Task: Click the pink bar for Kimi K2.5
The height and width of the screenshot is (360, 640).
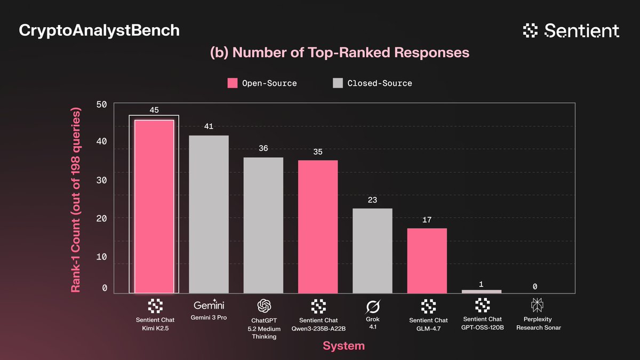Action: coord(154,206)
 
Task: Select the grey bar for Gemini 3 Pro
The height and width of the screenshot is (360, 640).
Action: coord(209,214)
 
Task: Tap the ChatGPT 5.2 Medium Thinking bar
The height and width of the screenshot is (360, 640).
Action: coord(263,225)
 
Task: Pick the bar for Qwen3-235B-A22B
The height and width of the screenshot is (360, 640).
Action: coord(318,227)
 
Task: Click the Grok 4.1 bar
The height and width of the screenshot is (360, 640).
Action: coord(373,251)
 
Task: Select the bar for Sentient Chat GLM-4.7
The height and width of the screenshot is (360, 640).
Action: coord(427,260)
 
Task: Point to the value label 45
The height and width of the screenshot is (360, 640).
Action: coord(154,110)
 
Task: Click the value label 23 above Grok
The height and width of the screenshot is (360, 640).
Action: coord(373,200)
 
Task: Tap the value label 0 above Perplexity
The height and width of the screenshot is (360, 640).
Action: coord(535,286)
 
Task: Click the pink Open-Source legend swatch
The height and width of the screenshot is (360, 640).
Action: coord(233,83)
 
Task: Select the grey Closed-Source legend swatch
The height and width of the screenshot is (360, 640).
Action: coord(338,83)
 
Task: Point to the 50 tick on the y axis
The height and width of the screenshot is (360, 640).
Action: coord(101,103)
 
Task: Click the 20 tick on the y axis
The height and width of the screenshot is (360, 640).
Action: coord(101,218)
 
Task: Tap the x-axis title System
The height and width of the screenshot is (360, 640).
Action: coord(343,346)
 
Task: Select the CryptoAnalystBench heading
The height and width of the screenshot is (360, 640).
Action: coord(99,30)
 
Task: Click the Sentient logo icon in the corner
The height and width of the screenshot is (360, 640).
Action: coord(531,31)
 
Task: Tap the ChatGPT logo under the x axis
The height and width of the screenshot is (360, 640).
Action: coord(264,306)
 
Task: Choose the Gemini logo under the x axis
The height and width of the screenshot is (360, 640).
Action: coord(209,305)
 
